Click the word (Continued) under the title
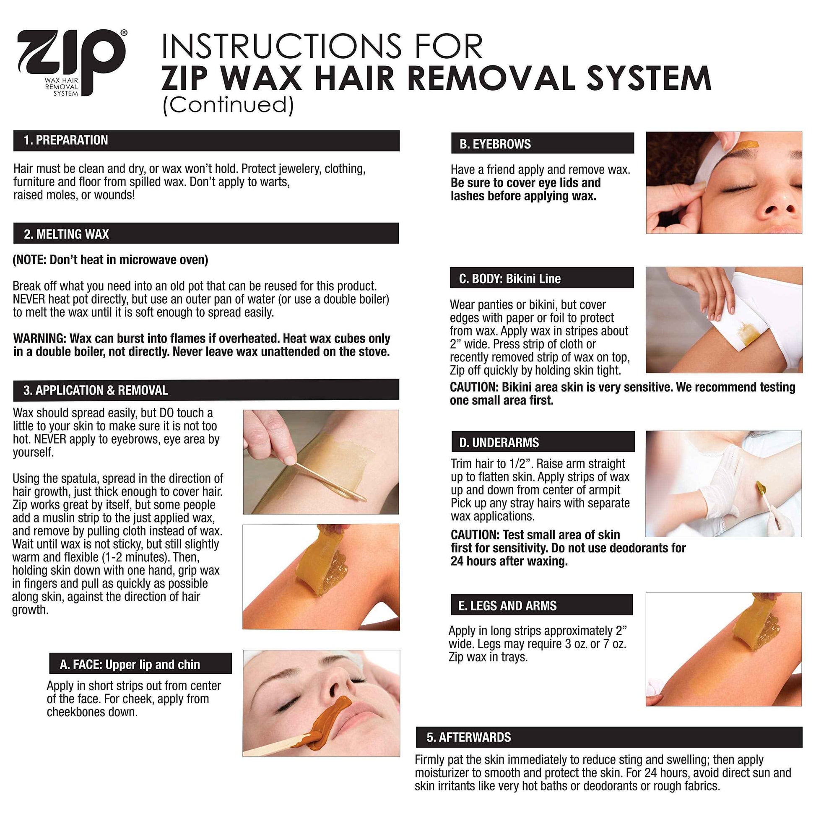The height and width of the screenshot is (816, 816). point(228,104)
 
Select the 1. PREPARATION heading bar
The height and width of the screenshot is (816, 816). point(206,140)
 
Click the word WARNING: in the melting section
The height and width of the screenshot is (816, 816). point(39,338)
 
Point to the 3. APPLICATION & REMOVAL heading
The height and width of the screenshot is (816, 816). point(96,390)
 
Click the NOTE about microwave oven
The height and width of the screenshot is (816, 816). point(110,259)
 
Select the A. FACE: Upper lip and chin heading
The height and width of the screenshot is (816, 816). point(130,664)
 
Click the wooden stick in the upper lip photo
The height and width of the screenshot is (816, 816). point(275,746)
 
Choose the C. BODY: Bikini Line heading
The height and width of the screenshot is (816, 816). point(510,278)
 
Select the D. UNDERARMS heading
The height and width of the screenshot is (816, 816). point(499,442)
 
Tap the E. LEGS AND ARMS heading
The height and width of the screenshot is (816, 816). point(507,605)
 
